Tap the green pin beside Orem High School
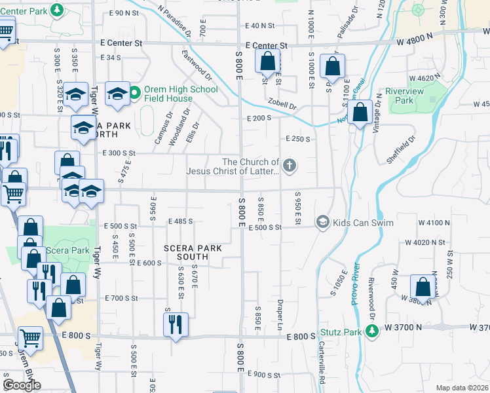click(x=134, y=93)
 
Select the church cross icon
click(x=289, y=166)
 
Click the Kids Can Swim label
click(x=363, y=223)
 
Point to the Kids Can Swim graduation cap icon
click(x=322, y=223)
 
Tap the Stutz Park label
click(x=341, y=332)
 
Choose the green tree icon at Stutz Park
click(x=372, y=332)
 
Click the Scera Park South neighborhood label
click(x=193, y=252)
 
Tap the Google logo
click(x=22, y=384)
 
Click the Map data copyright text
click(x=462, y=388)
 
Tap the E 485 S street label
click(x=180, y=221)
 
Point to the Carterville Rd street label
click(x=323, y=358)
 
